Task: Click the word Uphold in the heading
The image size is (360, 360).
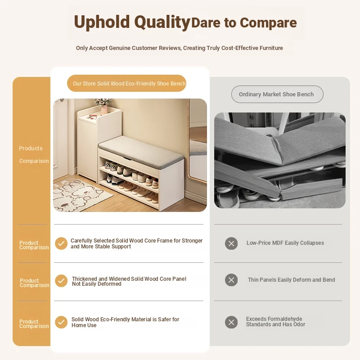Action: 102,22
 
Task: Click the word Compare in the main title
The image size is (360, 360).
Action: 268,23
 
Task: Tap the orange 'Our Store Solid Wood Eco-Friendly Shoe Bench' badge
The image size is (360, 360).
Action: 126,83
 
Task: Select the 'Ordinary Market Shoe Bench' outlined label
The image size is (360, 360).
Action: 277,94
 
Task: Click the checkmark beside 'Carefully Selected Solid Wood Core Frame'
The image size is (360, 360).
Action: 61,243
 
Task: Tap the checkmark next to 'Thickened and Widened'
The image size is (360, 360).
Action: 61,281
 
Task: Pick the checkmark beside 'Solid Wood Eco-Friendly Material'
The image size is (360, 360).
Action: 61,322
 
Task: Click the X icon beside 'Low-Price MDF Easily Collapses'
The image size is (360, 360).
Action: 231,243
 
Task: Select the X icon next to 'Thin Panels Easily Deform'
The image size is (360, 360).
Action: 231,280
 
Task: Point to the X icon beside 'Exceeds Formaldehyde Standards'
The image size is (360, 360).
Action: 231,322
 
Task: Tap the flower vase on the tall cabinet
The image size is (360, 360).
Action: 104,107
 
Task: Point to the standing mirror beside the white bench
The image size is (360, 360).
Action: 198,140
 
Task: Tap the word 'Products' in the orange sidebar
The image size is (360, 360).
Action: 31,148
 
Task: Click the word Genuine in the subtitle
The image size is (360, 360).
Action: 119,48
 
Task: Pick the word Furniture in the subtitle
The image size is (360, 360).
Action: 271,48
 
